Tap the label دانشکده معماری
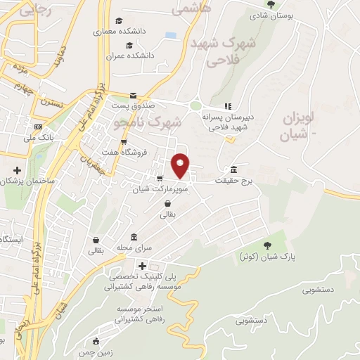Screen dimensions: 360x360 pyautogui.click(x=124, y=32)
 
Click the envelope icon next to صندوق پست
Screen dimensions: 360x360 pyautogui.click(x=133, y=96)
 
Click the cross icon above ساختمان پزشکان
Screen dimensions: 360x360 pyautogui.click(x=18, y=170)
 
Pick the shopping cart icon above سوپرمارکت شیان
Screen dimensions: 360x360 pyautogui.click(x=161, y=179)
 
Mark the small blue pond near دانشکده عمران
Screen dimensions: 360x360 pyautogui.click(x=171, y=34)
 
